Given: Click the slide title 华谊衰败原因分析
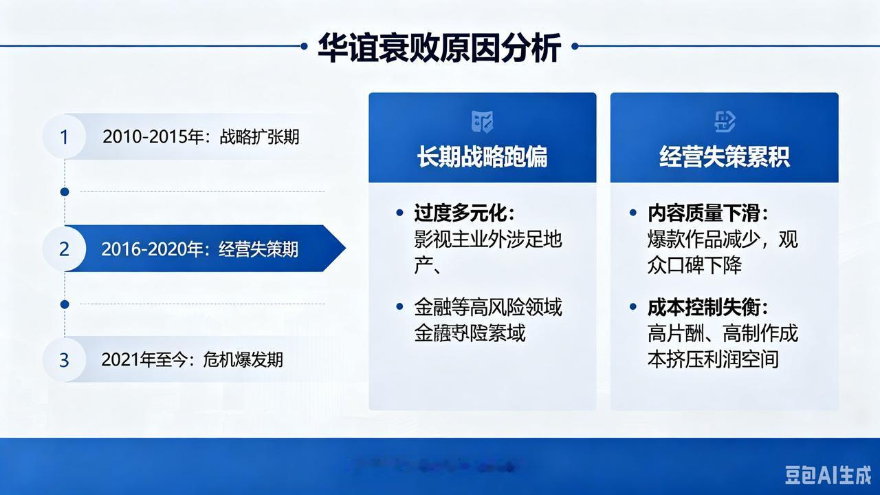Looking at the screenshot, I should click(439, 47).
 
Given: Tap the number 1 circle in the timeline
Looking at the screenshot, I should click(64, 136).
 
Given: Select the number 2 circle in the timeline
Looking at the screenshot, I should click(64, 249).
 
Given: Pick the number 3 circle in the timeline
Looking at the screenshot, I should click(64, 359).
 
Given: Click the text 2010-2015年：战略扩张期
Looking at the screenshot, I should click(201, 136).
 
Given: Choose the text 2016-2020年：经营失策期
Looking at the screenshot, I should click(199, 249).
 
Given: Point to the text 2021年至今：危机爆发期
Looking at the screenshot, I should click(192, 359).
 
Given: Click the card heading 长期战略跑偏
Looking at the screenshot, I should click(482, 156).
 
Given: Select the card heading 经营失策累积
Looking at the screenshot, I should click(724, 156).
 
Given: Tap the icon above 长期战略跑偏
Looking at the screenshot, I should click(482, 122).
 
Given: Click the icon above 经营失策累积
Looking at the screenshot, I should click(725, 122).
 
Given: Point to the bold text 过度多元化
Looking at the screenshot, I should click(464, 213).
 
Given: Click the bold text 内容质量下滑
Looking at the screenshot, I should click(707, 213).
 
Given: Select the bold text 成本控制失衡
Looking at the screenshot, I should click(707, 307).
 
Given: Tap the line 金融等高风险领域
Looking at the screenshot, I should click(487, 307).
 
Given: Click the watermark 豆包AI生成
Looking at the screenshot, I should click(828, 474).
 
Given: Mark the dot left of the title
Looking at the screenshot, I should click(304, 46).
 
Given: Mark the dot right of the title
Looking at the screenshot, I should click(575, 46).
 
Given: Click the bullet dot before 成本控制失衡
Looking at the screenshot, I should click(633, 307).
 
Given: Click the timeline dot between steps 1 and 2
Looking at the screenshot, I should click(65, 191).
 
